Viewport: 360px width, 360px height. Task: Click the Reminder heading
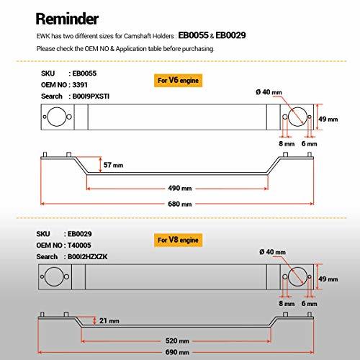pyautogui.click(x=67, y=19)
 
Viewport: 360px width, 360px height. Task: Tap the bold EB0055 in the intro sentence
pyautogui.click(x=193, y=35)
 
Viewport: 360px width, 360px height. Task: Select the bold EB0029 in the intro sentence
pyautogui.click(x=230, y=35)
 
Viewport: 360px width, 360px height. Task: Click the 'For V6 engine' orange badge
pyautogui.click(x=178, y=81)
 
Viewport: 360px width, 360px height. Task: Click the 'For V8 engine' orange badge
pyautogui.click(x=178, y=240)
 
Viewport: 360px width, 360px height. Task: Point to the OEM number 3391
pyautogui.click(x=80, y=85)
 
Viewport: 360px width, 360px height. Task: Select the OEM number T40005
pyautogui.click(x=79, y=246)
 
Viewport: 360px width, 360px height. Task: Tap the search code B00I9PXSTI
pyautogui.click(x=91, y=96)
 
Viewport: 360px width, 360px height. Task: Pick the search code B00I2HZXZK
pyautogui.click(x=88, y=256)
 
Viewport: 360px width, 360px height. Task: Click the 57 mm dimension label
pyautogui.click(x=113, y=165)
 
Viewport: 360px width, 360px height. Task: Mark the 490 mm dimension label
pyautogui.click(x=180, y=188)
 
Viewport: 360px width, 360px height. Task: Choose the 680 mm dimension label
pyautogui.click(x=180, y=204)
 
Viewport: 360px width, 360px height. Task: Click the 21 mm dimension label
pyautogui.click(x=109, y=320)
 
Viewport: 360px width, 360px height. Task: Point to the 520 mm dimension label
pyautogui.click(x=177, y=341)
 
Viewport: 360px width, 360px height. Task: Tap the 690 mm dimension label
pyautogui.click(x=177, y=352)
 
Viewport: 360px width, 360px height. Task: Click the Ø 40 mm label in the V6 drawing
pyautogui.click(x=269, y=92)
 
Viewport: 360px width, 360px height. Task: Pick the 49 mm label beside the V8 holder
pyautogui.click(x=328, y=279)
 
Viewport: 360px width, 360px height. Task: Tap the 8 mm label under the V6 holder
pyautogui.click(x=287, y=144)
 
